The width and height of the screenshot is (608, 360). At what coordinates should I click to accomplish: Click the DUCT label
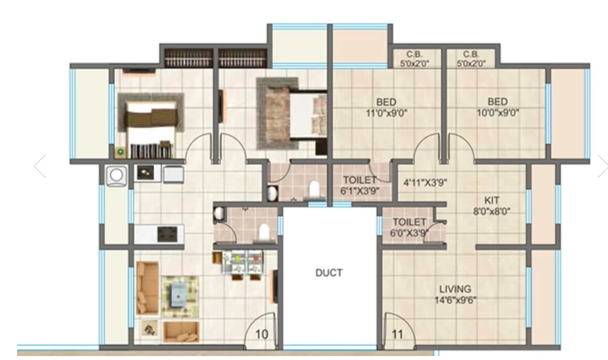coord(329,273)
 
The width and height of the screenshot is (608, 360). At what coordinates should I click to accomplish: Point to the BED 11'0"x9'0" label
coord(385,107)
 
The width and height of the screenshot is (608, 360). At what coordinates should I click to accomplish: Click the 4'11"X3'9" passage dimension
coord(425,183)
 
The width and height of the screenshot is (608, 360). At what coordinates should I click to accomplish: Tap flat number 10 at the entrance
coord(261,334)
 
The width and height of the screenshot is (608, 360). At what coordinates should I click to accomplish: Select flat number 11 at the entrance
coord(397,334)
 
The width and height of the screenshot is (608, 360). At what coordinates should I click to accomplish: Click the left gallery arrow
coord(40,166)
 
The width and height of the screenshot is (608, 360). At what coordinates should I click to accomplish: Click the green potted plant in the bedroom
coord(121,151)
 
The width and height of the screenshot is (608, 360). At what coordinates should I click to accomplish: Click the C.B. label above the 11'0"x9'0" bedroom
coord(414,59)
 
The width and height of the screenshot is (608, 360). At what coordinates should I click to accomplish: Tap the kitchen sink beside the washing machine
coord(147,173)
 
